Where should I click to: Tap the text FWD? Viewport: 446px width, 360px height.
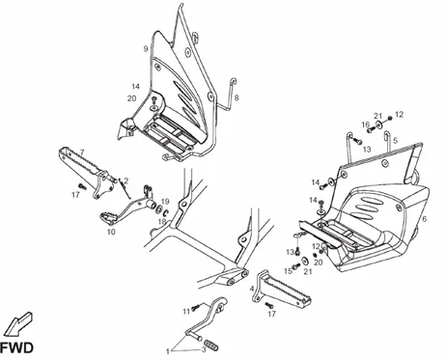(x=16, y=348)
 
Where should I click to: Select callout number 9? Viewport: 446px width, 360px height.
(x=146, y=49)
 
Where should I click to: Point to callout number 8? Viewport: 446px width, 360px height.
(x=237, y=97)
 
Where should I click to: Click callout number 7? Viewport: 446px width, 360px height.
(x=82, y=152)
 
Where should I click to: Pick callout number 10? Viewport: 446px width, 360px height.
(x=111, y=232)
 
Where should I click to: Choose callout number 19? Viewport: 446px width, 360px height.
(x=165, y=202)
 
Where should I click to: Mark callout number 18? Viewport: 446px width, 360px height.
(x=162, y=222)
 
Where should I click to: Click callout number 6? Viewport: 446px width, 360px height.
(x=425, y=219)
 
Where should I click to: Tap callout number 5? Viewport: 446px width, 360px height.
(x=395, y=141)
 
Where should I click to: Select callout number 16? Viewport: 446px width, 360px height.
(x=365, y=125)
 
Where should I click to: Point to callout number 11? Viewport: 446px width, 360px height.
(x=186, y=312)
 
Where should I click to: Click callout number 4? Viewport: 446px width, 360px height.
(x=252, y=289)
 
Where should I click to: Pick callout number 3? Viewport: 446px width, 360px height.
(x=204, y=350)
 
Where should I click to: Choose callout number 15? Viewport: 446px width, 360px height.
(x=288, y=271)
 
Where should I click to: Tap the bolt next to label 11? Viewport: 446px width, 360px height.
(x=196, y=308)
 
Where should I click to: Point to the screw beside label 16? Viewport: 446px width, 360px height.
(x=371, y=130)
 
